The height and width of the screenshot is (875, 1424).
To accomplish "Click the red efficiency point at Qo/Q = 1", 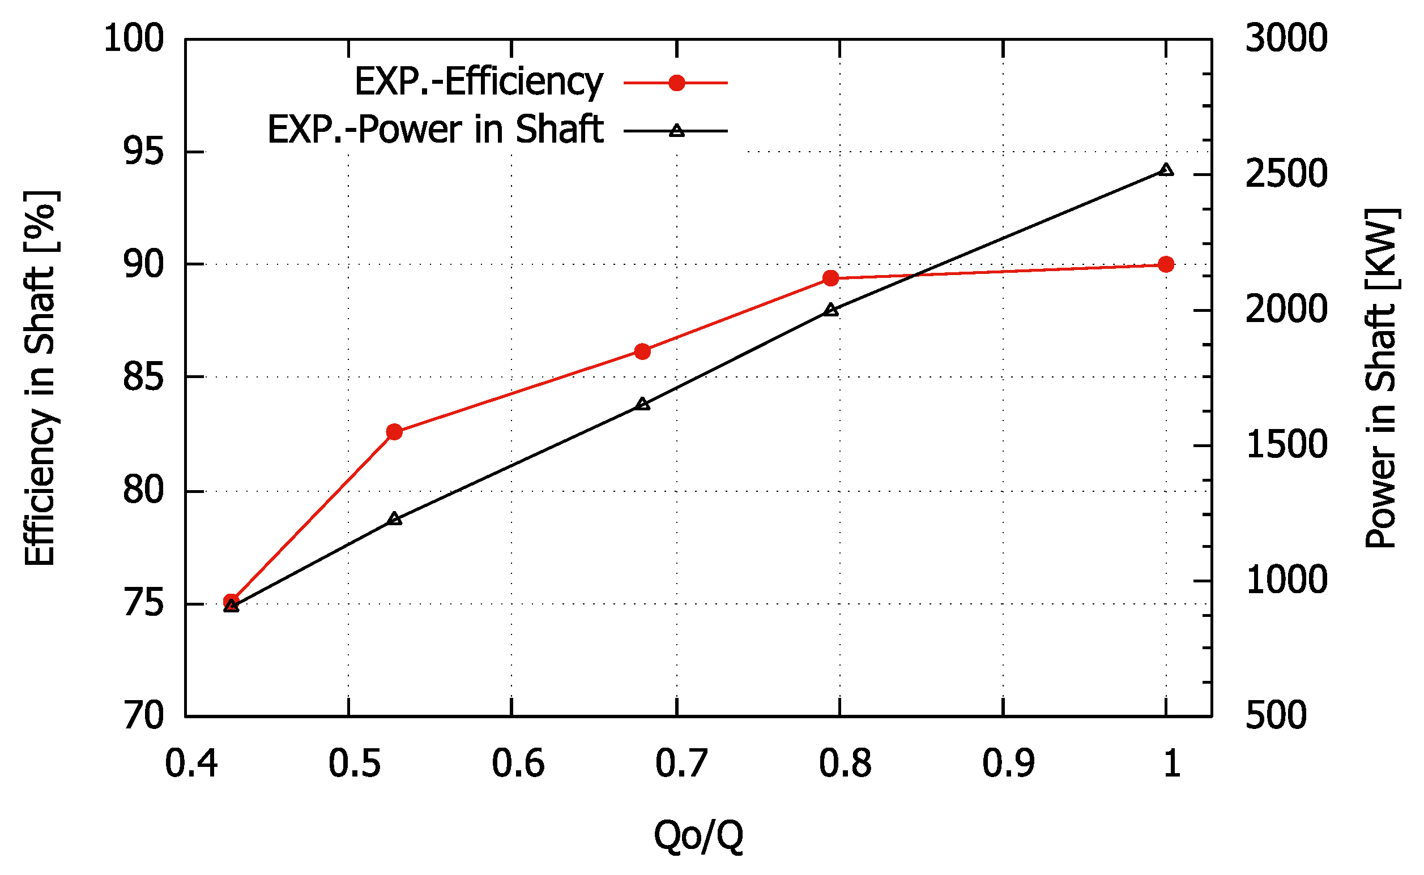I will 1166,264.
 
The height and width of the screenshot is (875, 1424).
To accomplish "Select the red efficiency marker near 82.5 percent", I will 394,432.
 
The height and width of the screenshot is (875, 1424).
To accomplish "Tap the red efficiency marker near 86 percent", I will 642,351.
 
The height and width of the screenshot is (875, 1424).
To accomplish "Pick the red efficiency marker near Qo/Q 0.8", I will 831,278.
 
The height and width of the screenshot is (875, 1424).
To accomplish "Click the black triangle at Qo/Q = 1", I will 1166,170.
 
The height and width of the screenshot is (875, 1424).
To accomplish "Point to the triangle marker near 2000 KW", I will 831,310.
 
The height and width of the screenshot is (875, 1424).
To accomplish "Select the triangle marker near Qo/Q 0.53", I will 394,518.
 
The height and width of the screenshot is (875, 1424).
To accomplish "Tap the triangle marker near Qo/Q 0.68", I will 642,404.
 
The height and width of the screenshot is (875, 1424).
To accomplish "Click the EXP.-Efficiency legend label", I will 478,82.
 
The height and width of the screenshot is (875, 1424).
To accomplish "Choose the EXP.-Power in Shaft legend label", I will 435,130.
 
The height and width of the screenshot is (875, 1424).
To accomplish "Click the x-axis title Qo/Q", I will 698,835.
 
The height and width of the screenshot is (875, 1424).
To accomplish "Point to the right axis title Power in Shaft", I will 1382,378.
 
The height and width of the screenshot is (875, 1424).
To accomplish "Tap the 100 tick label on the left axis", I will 134,40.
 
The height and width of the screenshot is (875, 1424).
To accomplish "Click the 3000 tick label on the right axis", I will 1286,40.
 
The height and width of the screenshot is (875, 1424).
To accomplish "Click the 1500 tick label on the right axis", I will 1286,445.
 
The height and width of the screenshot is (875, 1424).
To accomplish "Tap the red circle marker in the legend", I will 676,83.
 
